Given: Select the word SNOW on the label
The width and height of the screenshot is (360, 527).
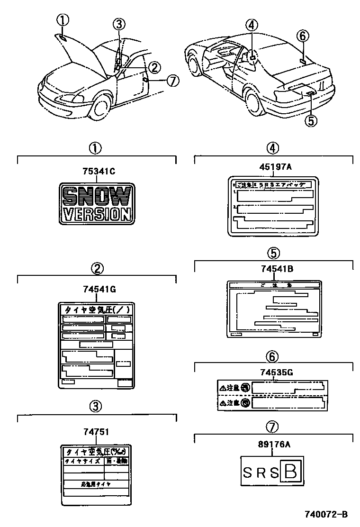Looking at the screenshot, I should (x=96, y=195).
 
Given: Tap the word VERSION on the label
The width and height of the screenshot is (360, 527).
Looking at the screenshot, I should (x=96, y=214).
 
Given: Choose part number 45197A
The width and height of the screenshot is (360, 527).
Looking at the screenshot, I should (x=273, y=166).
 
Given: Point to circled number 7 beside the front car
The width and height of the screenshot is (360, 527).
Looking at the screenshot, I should (x=173, y=81).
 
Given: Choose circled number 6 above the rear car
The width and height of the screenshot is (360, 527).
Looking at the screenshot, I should (x=303, y=36).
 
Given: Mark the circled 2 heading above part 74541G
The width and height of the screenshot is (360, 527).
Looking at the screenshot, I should (x=97, y=269).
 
